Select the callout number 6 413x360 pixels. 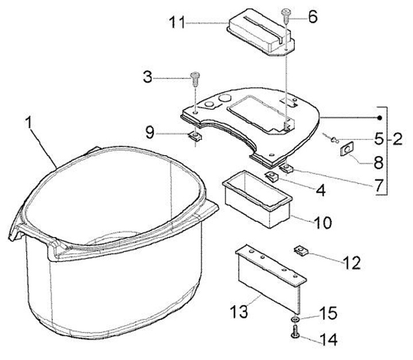click(312, 16)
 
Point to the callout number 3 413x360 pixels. click(149, 77)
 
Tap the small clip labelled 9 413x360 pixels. click(196, 136)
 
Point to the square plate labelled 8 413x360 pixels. click(347, 150)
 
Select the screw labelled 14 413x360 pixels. click(295, 332)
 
